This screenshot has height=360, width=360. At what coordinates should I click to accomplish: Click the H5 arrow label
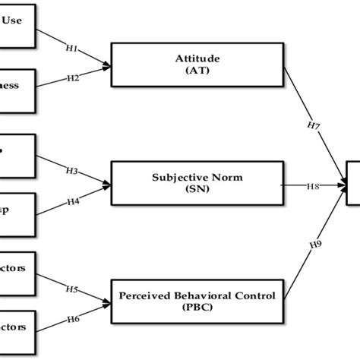click(71, 289)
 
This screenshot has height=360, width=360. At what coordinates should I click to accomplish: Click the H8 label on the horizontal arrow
click(313, 185)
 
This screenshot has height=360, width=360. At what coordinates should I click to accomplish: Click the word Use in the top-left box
click(12, 21)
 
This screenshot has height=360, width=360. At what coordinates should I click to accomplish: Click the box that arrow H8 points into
click(353, 185)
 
